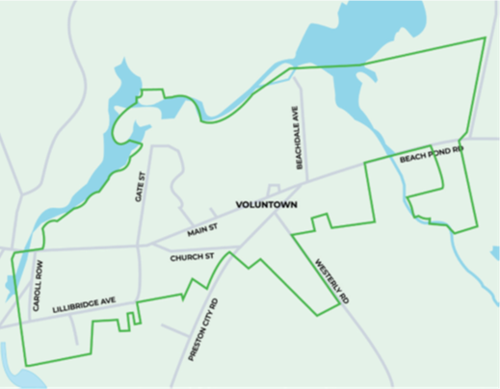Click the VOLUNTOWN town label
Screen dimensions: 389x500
point(266,206)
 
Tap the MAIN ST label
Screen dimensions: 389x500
point(204,229)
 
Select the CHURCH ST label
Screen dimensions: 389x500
point(191,258)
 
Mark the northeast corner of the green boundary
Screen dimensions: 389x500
point(485,39)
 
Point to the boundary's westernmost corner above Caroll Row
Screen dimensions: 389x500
point(12,256)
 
